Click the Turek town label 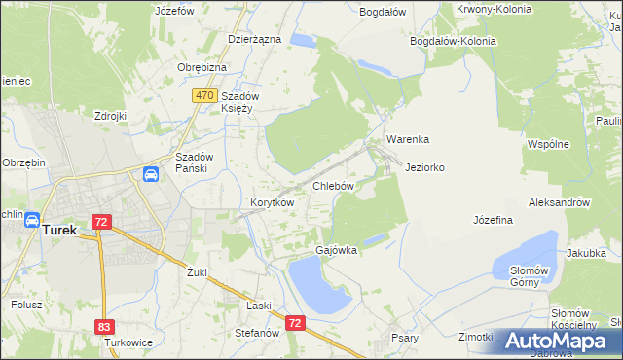pyautogui.click(x=59, y=231)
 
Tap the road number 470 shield pyautogui.click(x=203, y=95)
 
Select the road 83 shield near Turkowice pyautogui.click(x=105, y=327)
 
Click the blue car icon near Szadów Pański pyautogui.click(x=152, y=175)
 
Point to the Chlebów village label pyautogui.click(x=332, y=185)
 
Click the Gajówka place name pyautogui.click(x=336, y=250)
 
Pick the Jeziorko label pyautogui.click(x=424, y=167)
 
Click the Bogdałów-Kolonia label pyautogui.click(x=453, y=42)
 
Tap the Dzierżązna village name pyautogui.click(x=254, y=39)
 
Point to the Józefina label pyautogui.click(x=493, y=221)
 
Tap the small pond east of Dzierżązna pyautogui.click(x=303, y=41)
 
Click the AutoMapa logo pyautogui.click(x=558, y=341)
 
